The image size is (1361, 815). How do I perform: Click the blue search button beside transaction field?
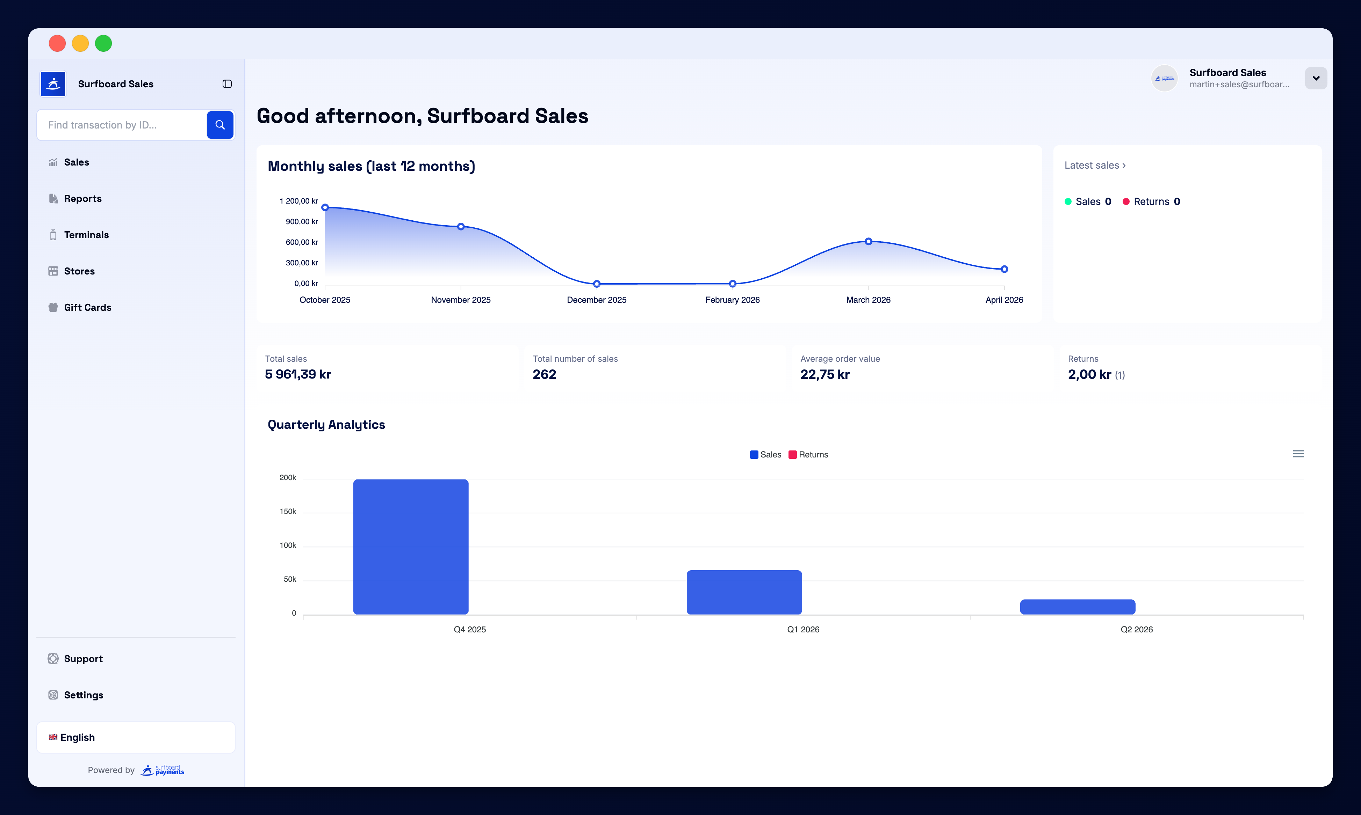(220, 125)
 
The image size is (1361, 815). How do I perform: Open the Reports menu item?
(82, 198)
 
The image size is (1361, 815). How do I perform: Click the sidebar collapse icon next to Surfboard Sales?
(227, 84)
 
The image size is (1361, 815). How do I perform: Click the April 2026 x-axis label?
(1004, 300)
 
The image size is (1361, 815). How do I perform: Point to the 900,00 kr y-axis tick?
(301, 221)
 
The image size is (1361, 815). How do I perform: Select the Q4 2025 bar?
(411, 546)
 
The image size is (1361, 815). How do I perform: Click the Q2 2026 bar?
(1077, 607)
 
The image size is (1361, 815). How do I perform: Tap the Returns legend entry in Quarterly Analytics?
(808, 455)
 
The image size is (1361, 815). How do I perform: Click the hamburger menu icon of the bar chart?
(1298, 454)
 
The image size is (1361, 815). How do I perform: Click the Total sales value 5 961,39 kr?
(297, 375)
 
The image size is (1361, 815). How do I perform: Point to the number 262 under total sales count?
(544, 375)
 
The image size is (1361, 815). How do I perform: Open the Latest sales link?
(1094, 165)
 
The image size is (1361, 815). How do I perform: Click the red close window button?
(57, 43)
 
